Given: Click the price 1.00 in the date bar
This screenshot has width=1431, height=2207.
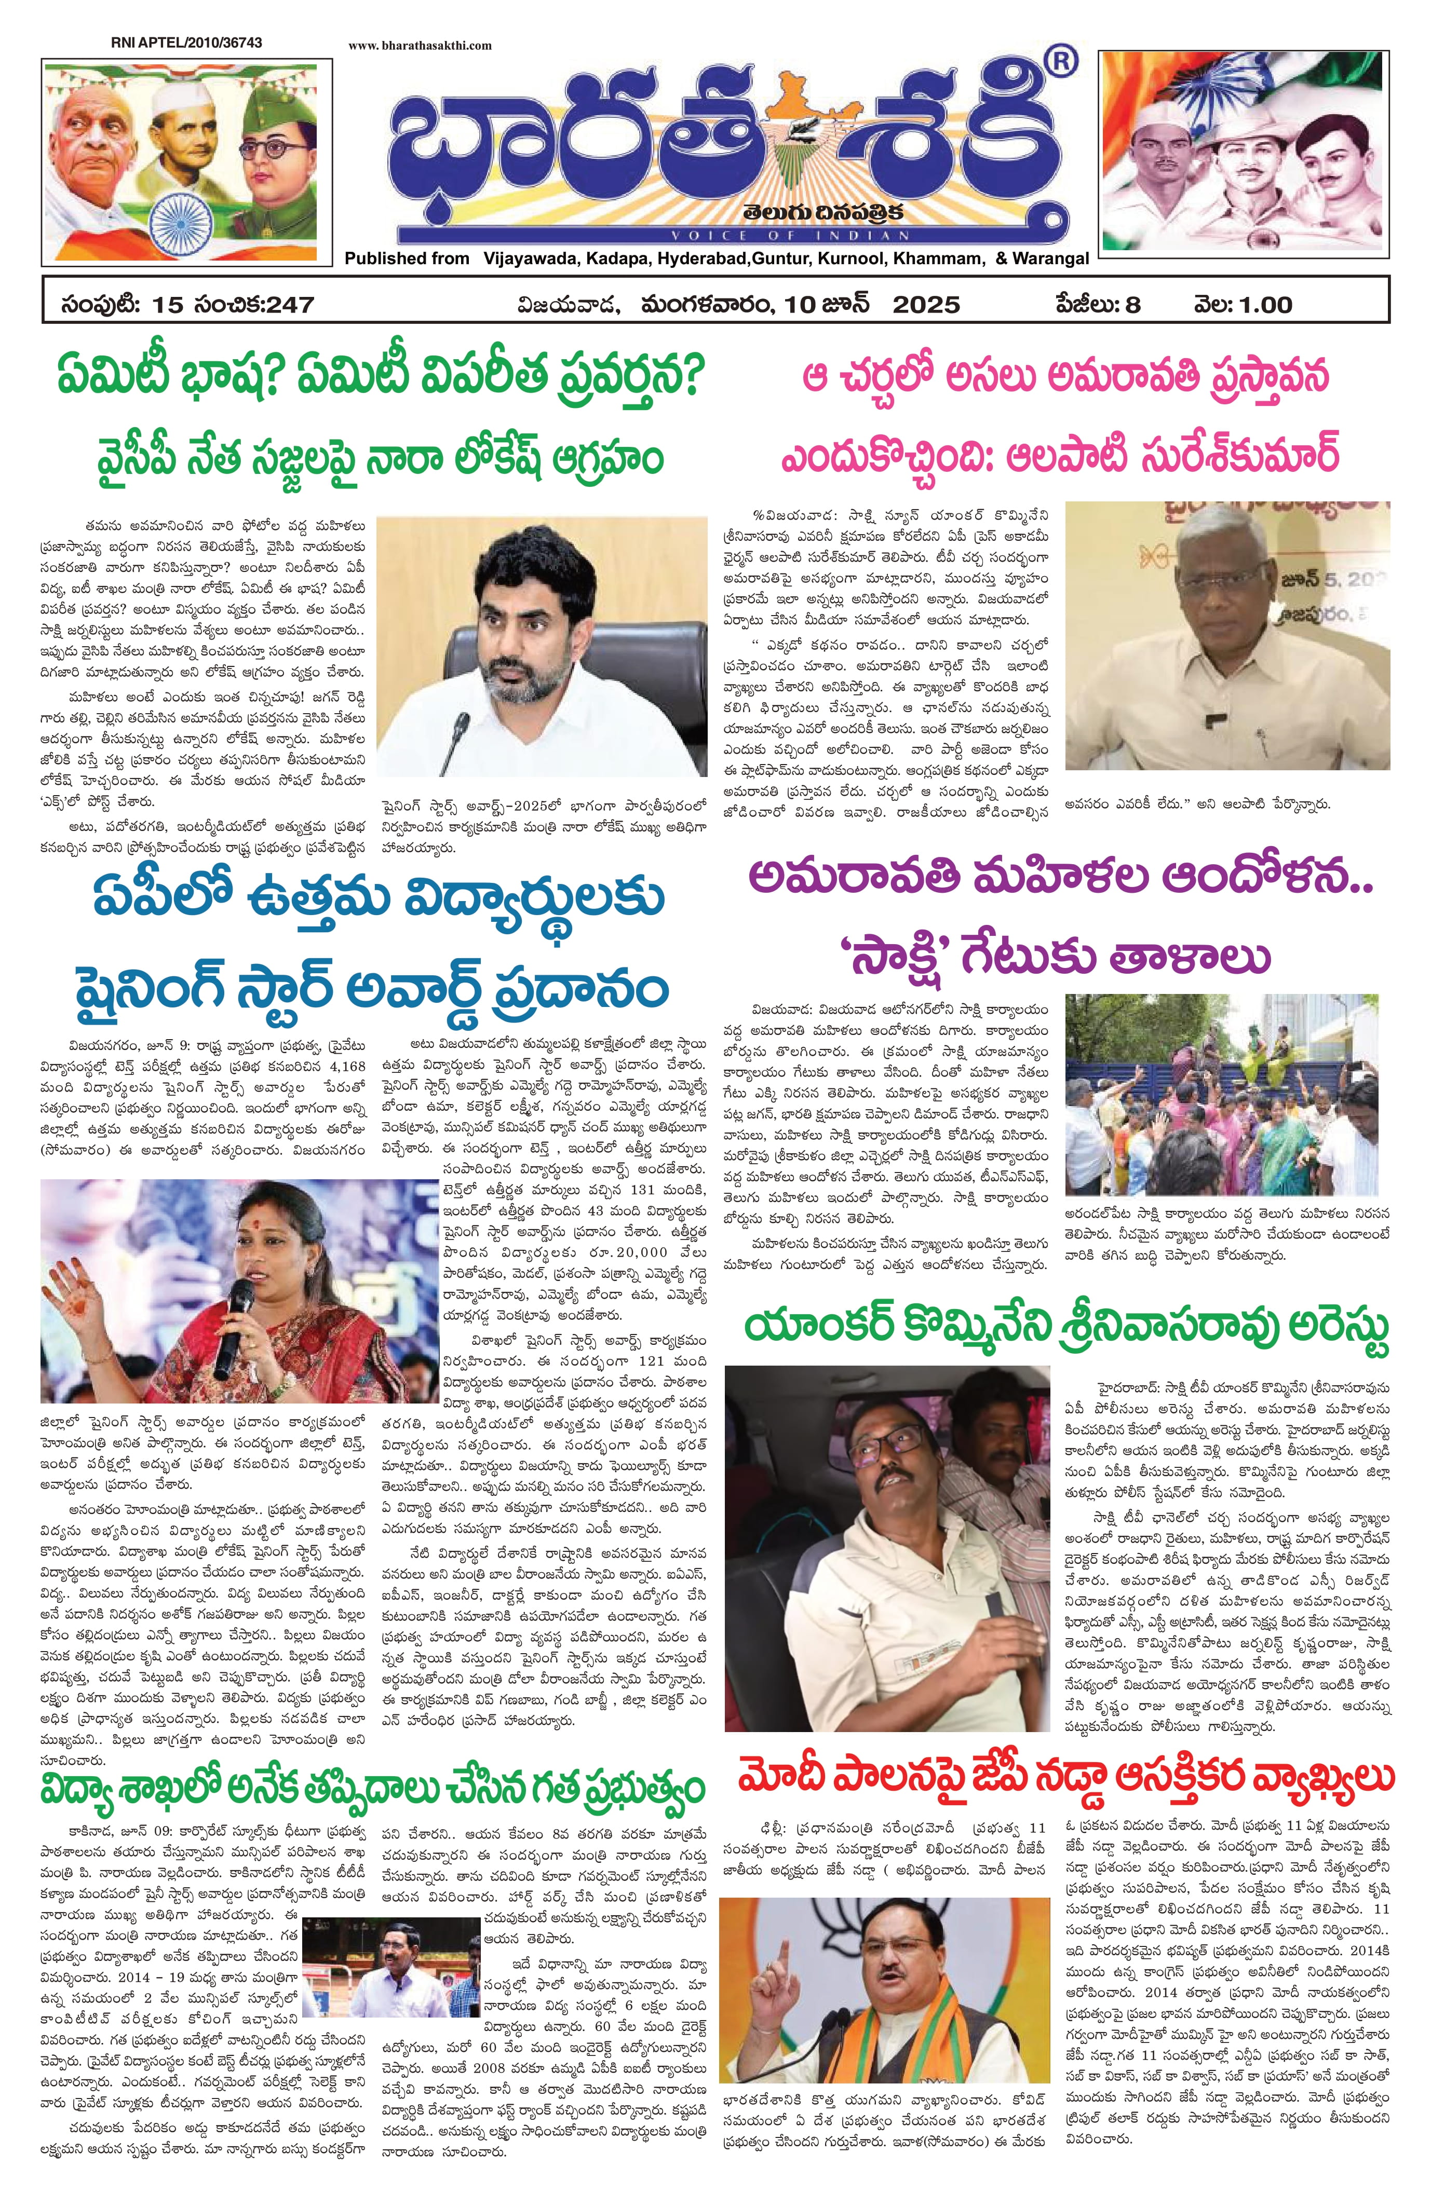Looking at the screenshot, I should [x=1263, y=304].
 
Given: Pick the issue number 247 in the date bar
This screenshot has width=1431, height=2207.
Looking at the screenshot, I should [x=288, y=304].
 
